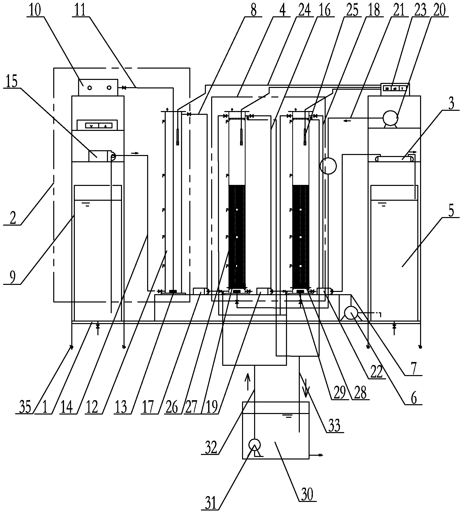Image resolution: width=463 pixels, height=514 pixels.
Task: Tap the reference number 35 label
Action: [25, 407]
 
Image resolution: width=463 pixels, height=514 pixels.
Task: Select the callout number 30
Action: [307, 494]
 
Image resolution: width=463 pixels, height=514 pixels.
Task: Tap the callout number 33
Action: [334, 425]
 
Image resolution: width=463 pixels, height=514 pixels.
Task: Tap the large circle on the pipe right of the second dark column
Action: [328, 166]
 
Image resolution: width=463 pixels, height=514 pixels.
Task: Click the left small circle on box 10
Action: [90, 88]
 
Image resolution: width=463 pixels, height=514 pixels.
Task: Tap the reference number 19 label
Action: [210, 407]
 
